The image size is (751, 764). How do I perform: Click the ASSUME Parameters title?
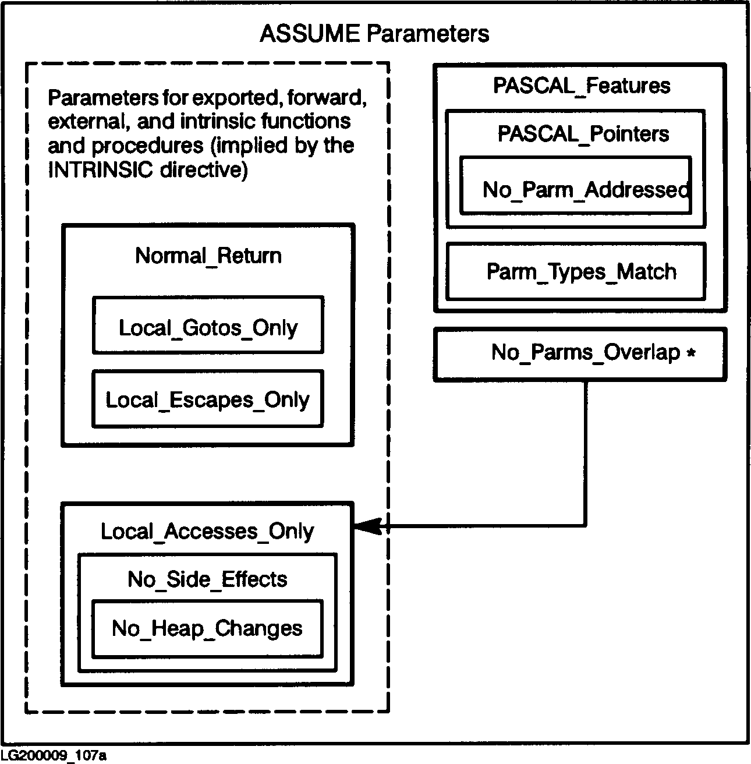[x=374, y=34]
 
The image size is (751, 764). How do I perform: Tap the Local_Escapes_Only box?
[x=207, y=399]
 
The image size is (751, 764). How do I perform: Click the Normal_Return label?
[x=208, y=256]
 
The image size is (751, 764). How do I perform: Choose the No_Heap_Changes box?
[x=207, y=629]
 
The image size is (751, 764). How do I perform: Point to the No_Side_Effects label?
[x=207, y=579]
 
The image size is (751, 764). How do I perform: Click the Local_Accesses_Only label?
[x=207, y=531]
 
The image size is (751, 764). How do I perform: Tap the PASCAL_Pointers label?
[x=583, y=134]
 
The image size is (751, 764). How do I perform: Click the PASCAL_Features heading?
[x=581, y=86]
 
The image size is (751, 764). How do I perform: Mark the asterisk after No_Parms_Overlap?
[x=691, y=353]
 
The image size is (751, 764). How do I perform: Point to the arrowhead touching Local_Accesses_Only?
[x=366, y=527]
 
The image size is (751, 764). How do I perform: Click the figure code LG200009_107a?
[x=53, y=756]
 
